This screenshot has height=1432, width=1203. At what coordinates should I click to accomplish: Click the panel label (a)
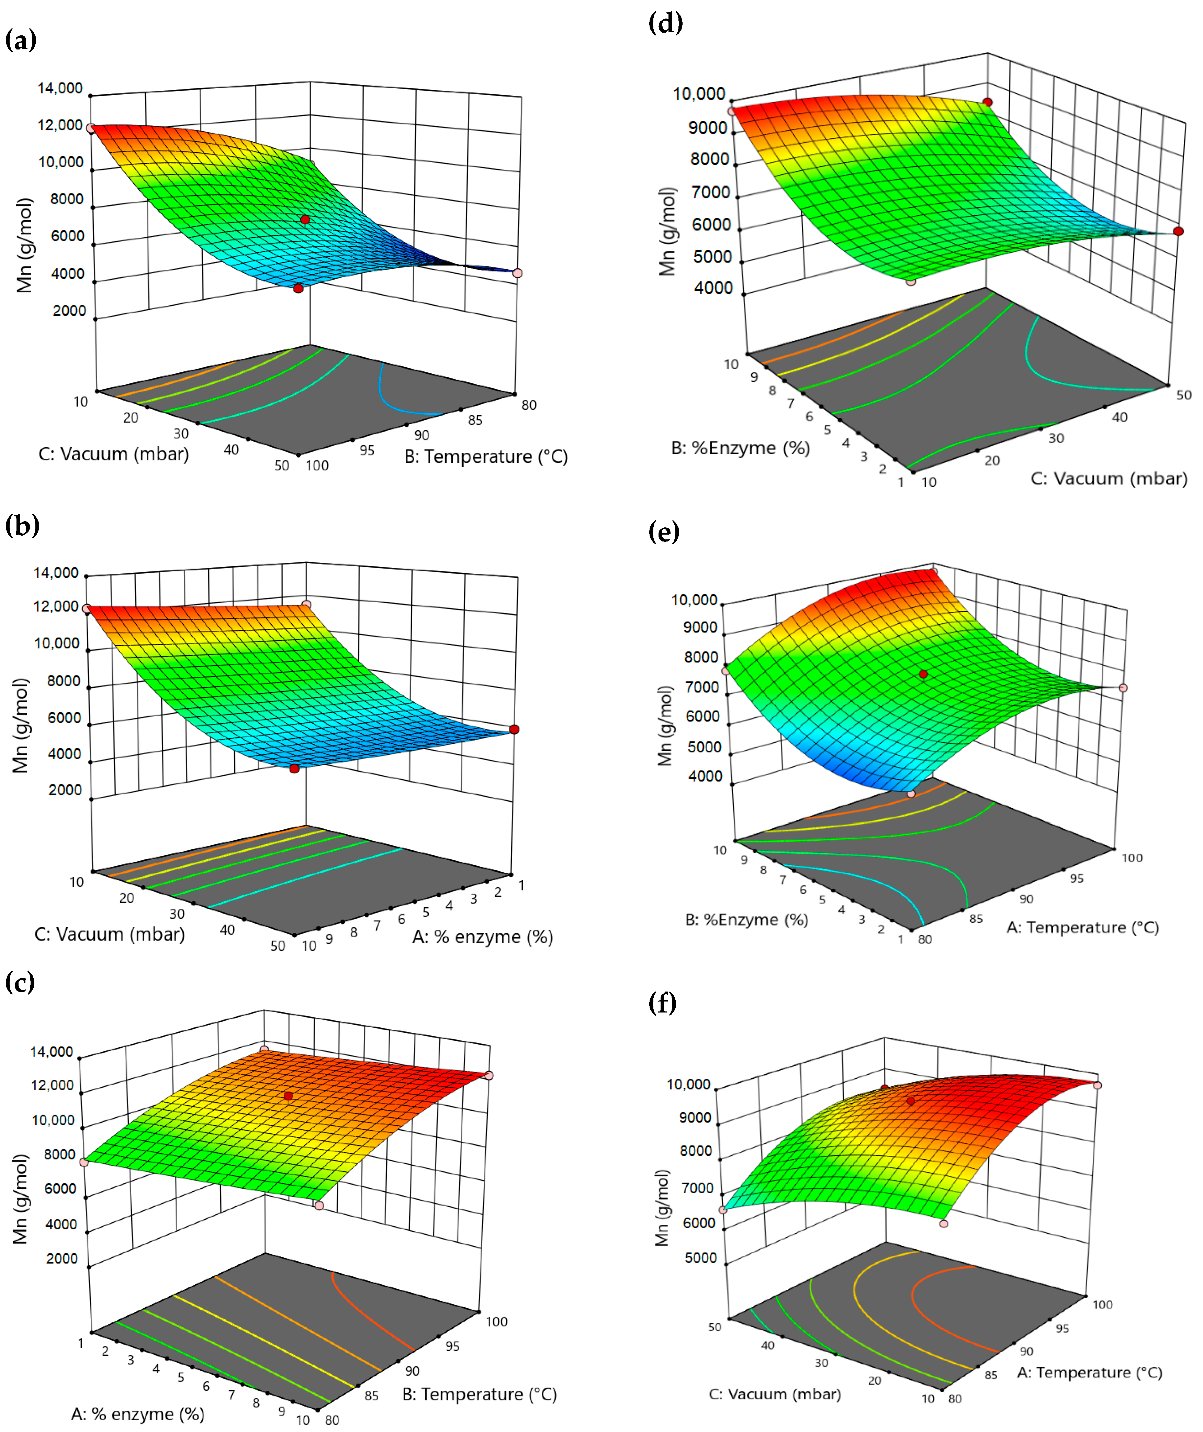click(21, 40)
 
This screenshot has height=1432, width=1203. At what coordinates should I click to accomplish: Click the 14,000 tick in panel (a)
click(60, 88)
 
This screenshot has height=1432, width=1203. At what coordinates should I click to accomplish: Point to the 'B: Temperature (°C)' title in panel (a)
click(486, 456)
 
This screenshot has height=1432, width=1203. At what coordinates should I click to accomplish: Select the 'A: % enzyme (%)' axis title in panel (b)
click(482, 937)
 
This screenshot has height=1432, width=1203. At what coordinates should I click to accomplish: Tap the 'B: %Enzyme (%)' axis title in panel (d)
click(740, 448)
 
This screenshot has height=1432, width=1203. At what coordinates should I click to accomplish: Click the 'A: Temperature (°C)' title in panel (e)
click(1082, 927)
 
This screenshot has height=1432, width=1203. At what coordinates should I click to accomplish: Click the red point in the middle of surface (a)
click(305, 220)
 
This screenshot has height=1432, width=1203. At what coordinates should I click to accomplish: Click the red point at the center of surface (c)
click(289, 1096)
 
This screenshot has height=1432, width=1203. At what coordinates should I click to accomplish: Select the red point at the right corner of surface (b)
click(514, 730)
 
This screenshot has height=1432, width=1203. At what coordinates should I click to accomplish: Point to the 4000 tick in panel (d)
click(713, 288)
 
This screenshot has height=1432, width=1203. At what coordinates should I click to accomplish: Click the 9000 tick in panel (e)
click(700, 627)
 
